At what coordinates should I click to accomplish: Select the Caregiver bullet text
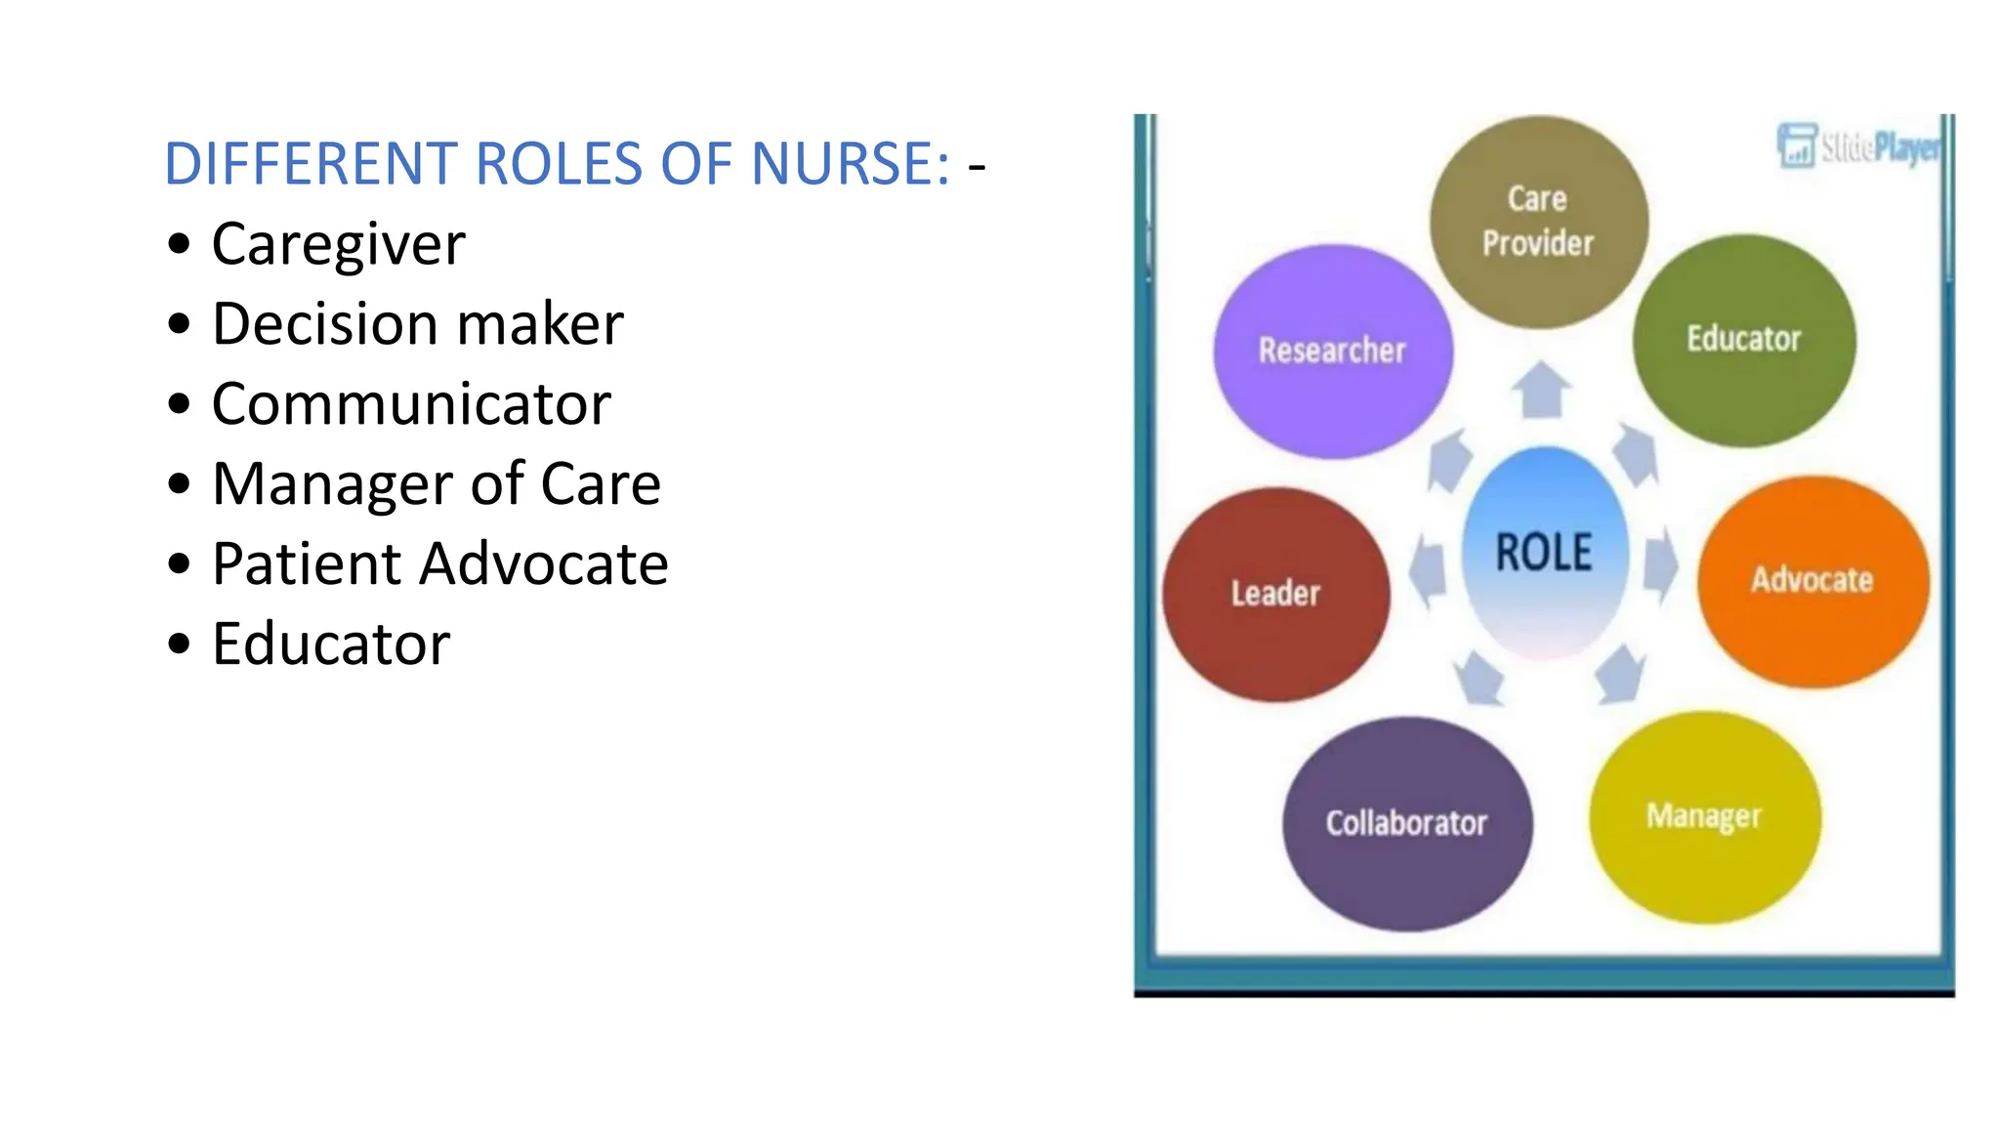[338, 244]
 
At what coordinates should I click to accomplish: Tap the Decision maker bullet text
[417, 324]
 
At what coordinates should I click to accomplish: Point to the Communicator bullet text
[411, 404]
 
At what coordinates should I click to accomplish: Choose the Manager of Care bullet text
[437, 484]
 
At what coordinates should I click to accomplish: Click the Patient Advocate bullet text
[439, 564]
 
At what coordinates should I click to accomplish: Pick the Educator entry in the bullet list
[331, 645]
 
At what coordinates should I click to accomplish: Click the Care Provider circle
[1538, 222]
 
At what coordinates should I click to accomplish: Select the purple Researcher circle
[1332, 351]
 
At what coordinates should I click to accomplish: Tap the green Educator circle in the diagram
[1744, 340]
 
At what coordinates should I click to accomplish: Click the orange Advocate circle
[1812, 581]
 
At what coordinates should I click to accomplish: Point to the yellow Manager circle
[1704, 816]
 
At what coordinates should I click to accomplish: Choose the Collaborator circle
[1406, 823]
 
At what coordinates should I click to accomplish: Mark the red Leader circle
[1275, 594]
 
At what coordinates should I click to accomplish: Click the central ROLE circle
[1544, 553]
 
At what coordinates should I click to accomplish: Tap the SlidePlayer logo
[1859, 146]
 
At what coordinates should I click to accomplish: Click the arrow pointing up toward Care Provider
[1541, 390]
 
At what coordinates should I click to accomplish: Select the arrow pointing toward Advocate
[1659, 565]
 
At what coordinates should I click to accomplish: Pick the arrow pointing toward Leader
[1428, 571]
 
